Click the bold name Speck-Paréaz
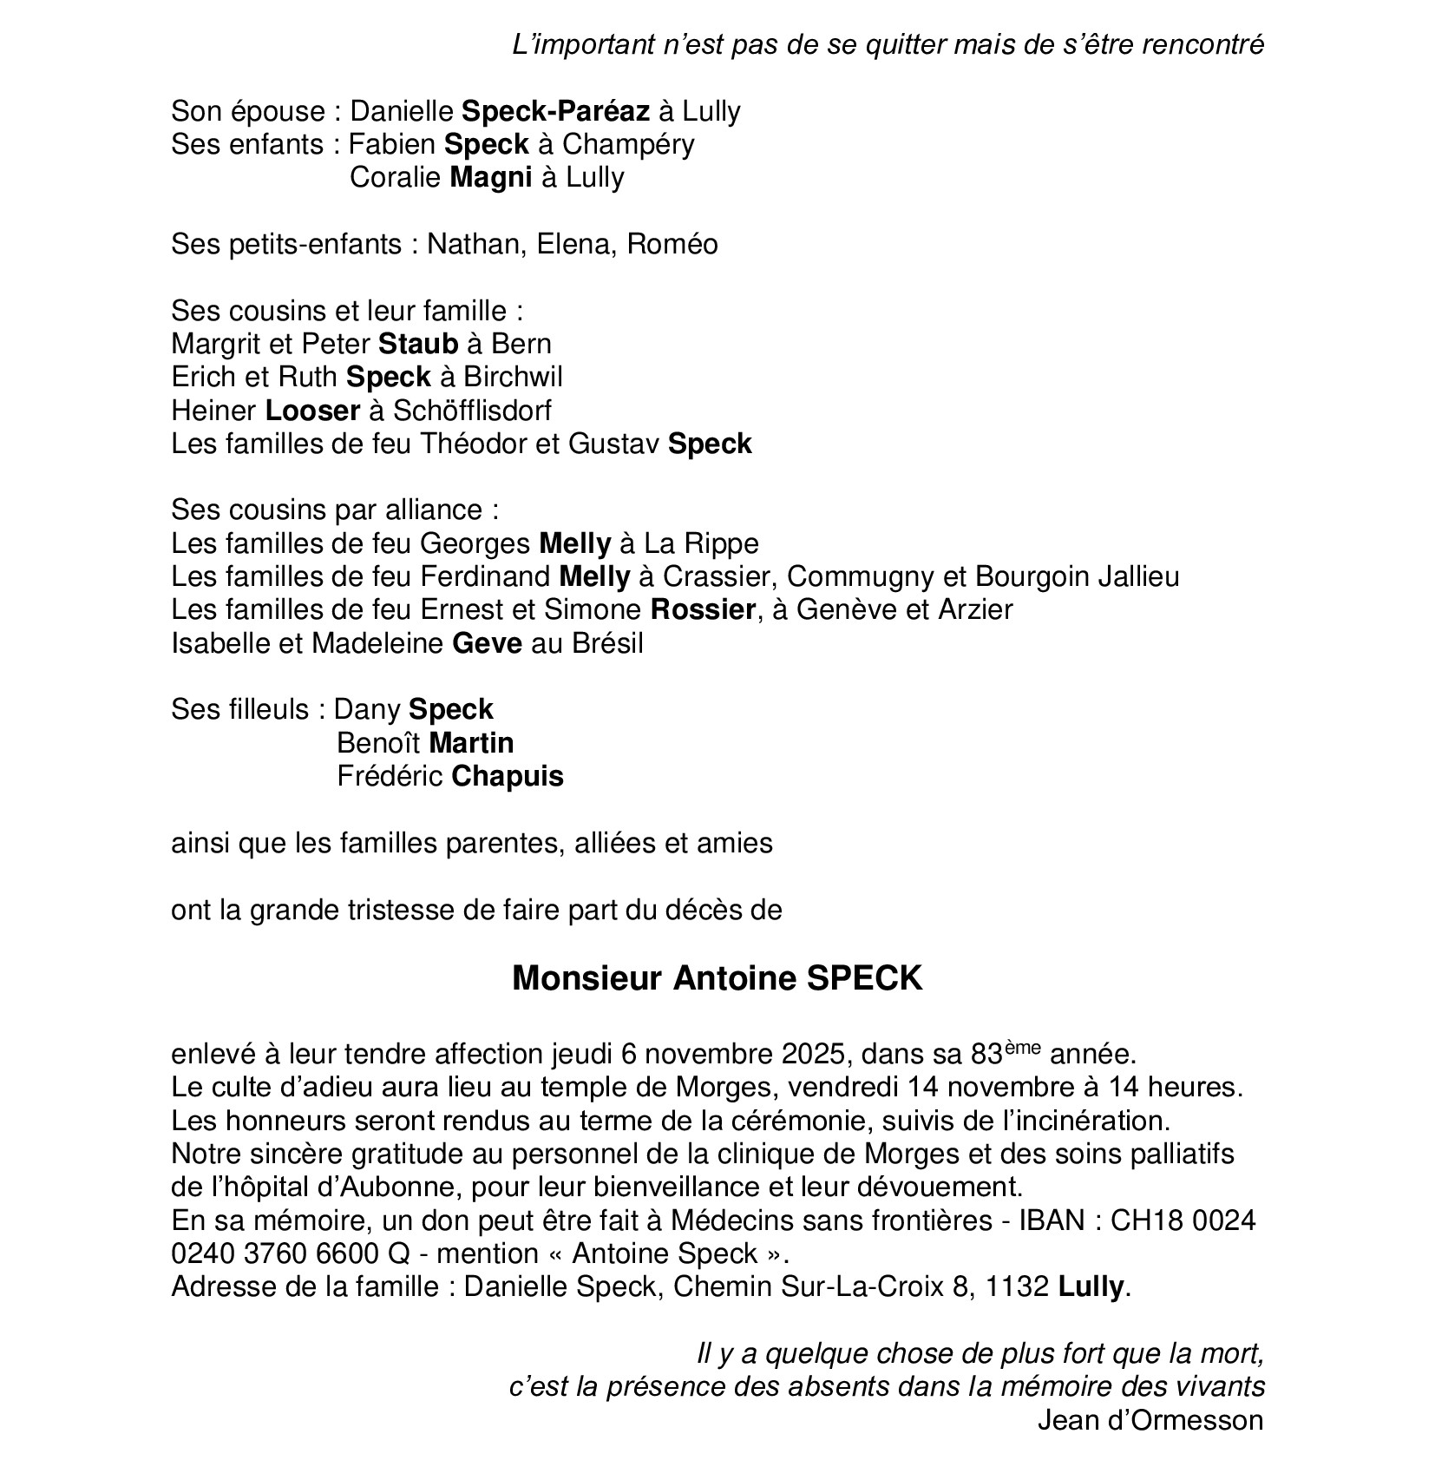pos(555,111)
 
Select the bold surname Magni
pos(490,177)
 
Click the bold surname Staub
pos(418,344)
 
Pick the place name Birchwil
pos(513,377)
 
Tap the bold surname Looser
pos(312,410)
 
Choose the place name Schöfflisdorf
pos(472,410)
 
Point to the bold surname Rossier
pos(703,609)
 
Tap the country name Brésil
pos(607,643)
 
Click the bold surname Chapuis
pos(508,775)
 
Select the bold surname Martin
pos(471,742)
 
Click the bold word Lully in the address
pos(1091,1286)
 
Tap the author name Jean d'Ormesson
pos(1150,1420)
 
